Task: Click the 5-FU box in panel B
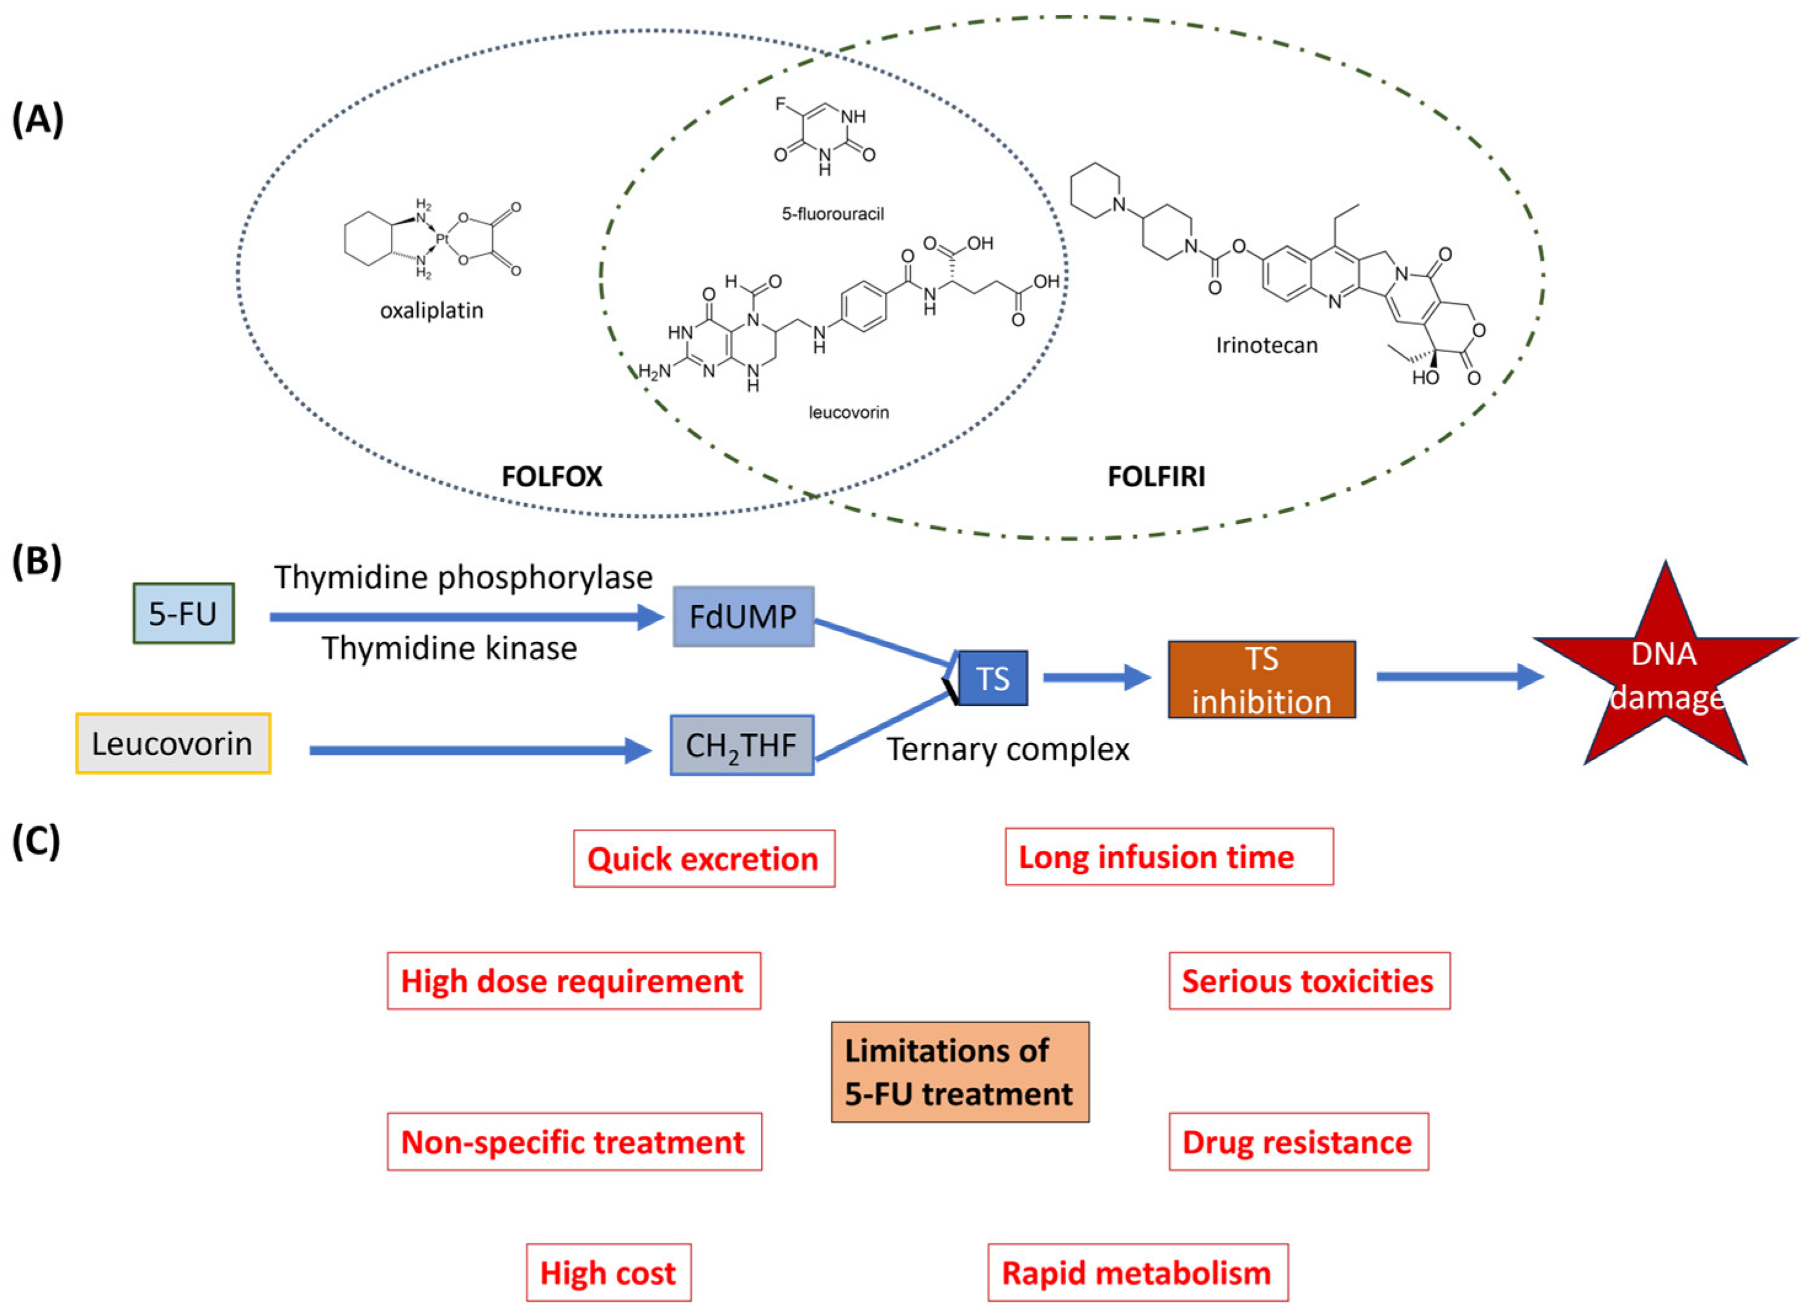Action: coord(184,614)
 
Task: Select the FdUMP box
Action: coord(744,617)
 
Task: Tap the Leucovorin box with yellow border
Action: coord(173,743)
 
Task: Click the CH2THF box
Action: coord(742,746)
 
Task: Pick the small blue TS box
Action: coord(992,678)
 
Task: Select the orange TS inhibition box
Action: coord(1261,680)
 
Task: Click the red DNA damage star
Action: coord(1665,677)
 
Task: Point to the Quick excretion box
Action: coord(704,859)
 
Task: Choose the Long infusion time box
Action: coord(1168,857)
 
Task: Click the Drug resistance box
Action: coord(1297,1142)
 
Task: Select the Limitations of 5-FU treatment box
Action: coord(959,1071)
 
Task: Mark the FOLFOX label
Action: coord(551,477)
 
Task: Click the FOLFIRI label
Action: coord(1155,477)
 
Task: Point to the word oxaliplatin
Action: coord(432,311)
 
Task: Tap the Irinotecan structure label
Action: coord(1266,345)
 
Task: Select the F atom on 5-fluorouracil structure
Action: coord(780,104)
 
